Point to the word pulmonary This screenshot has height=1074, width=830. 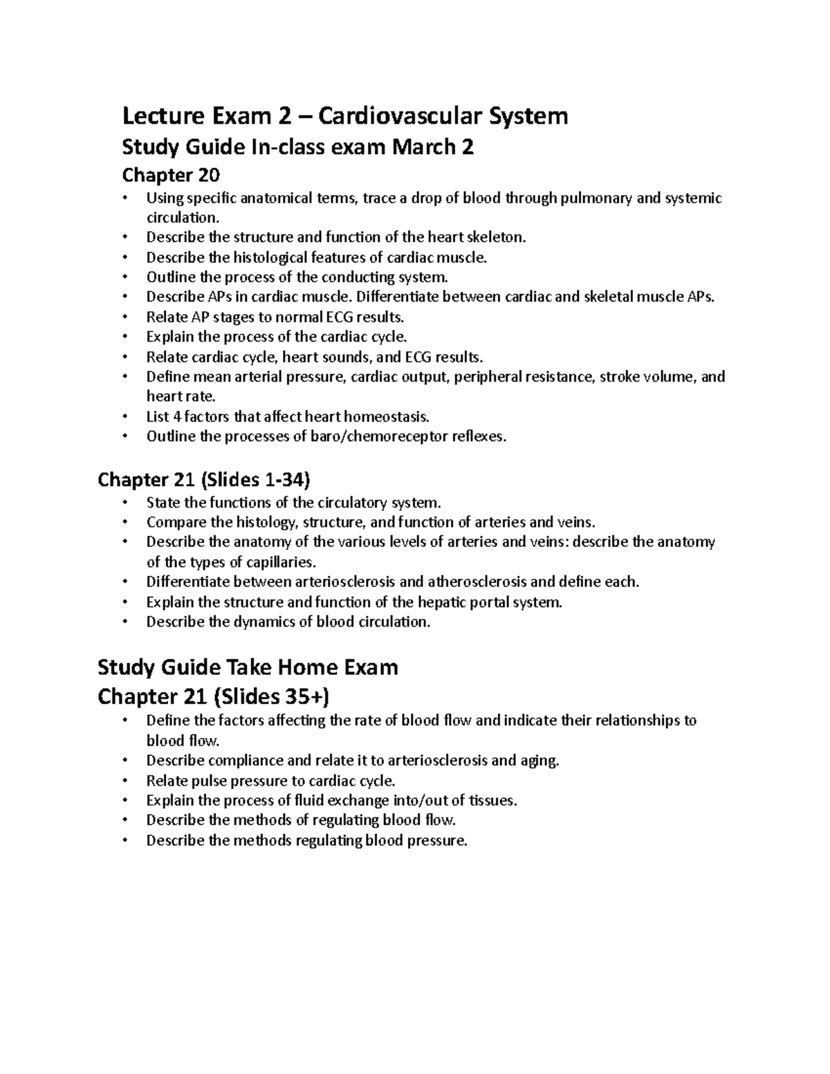597,198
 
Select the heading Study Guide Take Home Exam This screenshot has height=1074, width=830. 248,667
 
